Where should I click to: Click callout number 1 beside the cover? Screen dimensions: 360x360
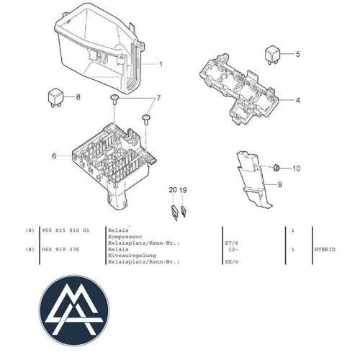161,64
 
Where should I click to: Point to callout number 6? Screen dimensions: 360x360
53,156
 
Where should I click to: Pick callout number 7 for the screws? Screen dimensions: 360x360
158,97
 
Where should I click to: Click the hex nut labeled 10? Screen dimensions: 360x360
276,168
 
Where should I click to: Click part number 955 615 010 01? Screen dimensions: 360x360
65,230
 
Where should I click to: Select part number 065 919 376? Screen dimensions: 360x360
60,249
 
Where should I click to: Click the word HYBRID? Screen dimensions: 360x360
325,249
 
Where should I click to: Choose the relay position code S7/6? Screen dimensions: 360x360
233,243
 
